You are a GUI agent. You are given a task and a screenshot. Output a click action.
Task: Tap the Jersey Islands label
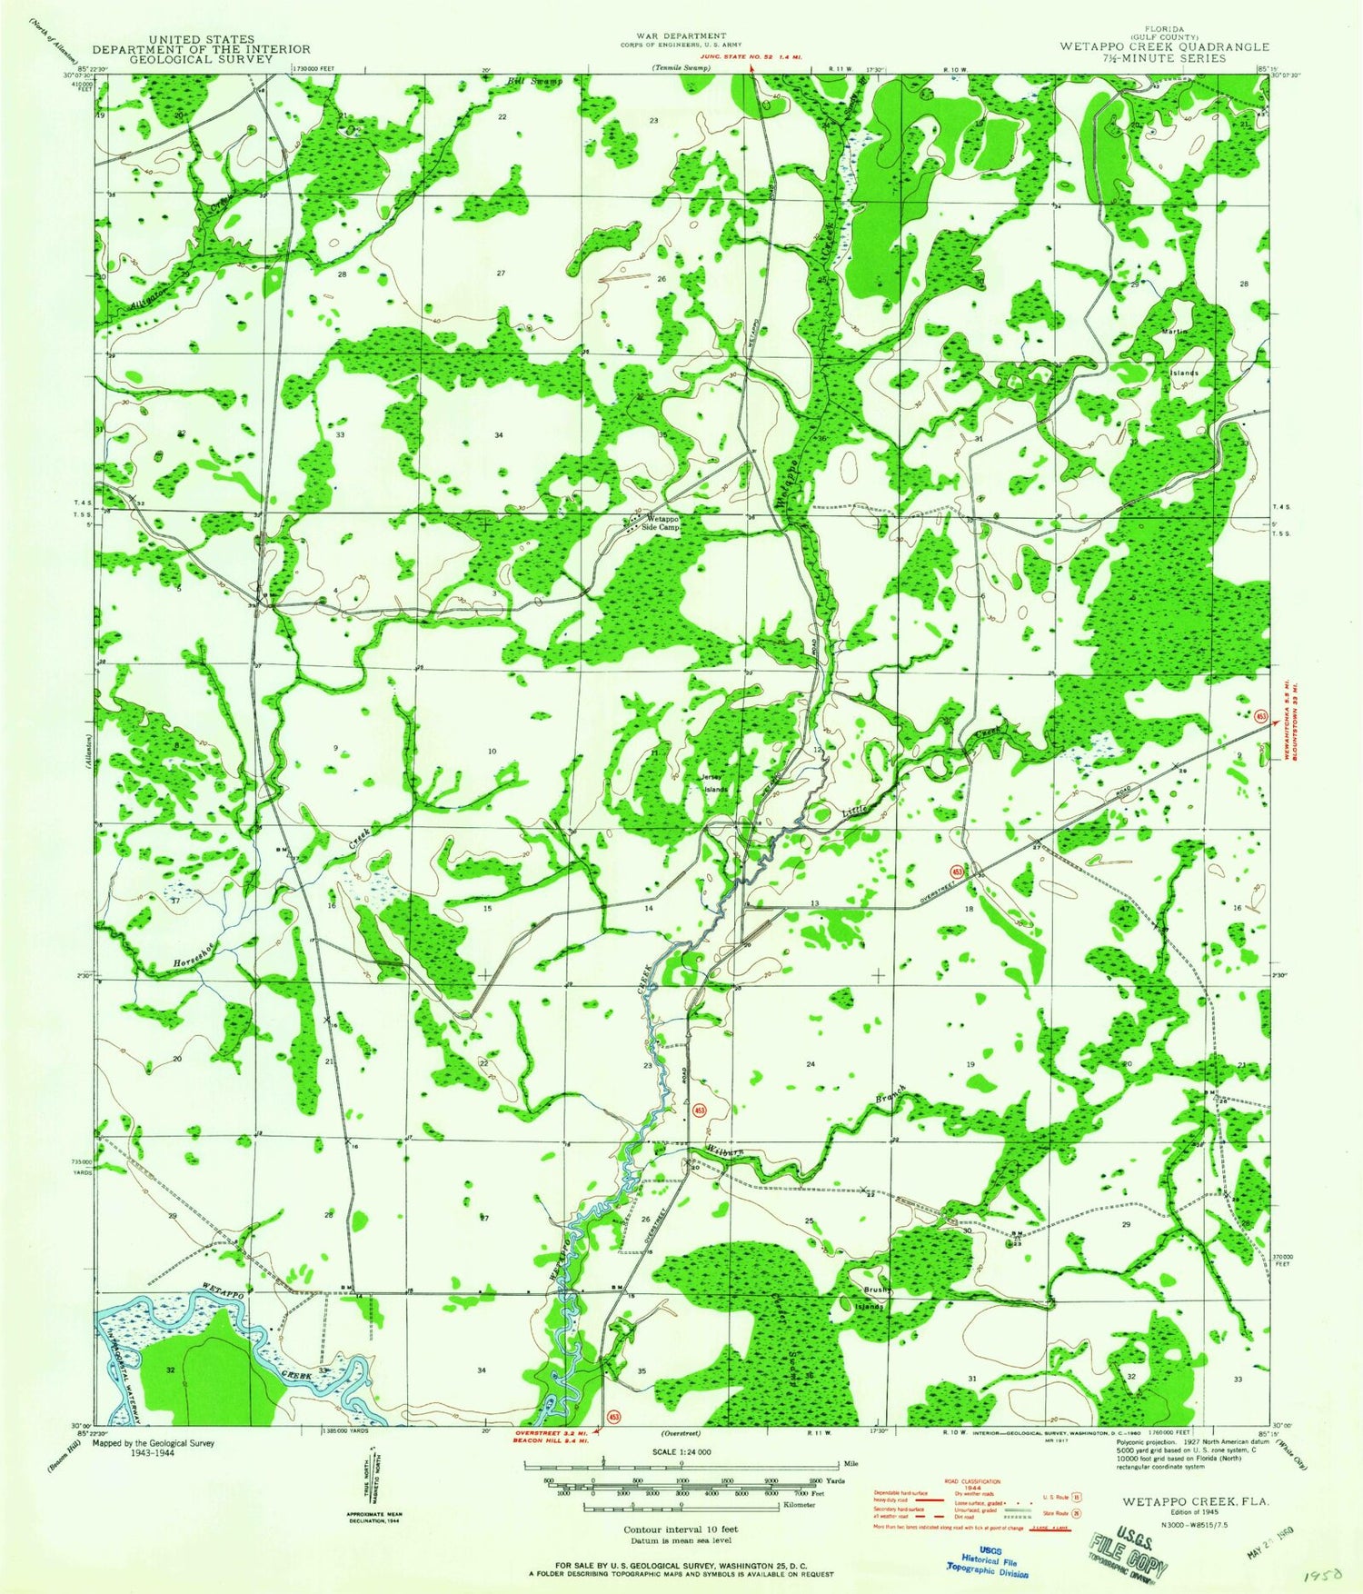(714, 783)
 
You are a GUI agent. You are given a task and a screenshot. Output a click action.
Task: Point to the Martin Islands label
(1182, 353)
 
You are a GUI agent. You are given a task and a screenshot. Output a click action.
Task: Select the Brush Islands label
(872, 1298)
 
